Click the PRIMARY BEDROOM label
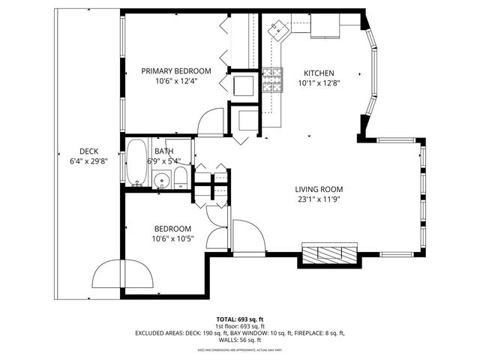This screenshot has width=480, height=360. (176, 71)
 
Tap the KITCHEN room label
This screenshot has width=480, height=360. (318, 73)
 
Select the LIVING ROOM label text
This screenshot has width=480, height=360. (319, 189)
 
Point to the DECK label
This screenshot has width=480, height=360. (89, 151)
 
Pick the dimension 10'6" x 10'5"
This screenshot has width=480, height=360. (172, 238)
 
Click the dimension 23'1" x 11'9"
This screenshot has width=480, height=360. (319, 199)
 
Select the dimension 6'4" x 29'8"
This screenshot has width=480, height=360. (89, 160)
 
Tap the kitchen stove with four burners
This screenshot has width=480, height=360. (271, 79)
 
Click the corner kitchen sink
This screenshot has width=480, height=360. (280, 29)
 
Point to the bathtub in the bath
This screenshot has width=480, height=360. (136, 163)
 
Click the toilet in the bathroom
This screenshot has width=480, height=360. (180, 178)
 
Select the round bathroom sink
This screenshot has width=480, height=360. (161, 180)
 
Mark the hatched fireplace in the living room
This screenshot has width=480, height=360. (329, 253)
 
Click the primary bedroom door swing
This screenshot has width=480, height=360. (211, 121)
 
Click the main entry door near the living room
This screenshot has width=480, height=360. (247, 235)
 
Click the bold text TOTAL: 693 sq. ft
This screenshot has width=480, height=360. (239, 319)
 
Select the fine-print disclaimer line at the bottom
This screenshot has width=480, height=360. (239, 349)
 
